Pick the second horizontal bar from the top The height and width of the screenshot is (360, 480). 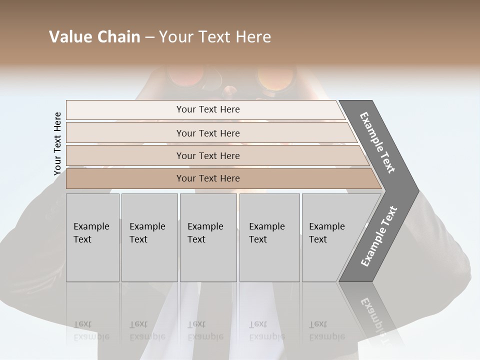(207, 133)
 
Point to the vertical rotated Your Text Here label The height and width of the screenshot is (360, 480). (57, 143)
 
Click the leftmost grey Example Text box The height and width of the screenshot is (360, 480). (92, 237)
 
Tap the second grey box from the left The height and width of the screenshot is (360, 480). (149, 237)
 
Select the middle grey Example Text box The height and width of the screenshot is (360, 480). (208, 237)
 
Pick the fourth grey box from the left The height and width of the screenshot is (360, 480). (269, 237)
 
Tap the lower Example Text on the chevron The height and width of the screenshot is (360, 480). (379, 236)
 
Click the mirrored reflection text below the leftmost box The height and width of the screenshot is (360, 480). (91, 330)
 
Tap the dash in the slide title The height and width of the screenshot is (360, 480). (149, 37)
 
